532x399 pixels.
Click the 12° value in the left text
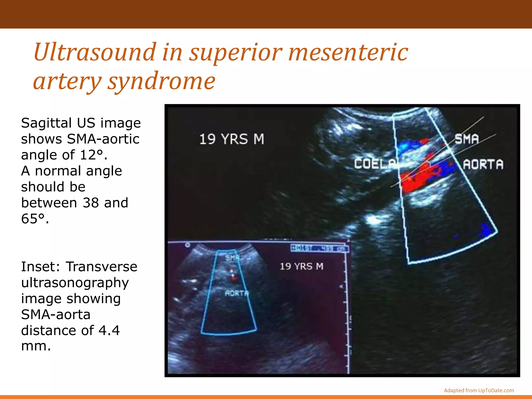click(x=91, y=155)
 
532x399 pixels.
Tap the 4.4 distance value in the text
click(x=109, y=330)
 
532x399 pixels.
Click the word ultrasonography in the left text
click(x=75, y=283)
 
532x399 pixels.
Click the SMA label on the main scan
click(x=467, y=139)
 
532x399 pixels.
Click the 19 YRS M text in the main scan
click(x=231, y=139)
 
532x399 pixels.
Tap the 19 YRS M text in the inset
click(x=301, y=266)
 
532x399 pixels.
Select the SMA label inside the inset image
click(x=232, y=258)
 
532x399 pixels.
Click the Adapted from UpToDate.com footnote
click(x=479, y=390)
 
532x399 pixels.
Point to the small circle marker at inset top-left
click(x=188, y=245)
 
